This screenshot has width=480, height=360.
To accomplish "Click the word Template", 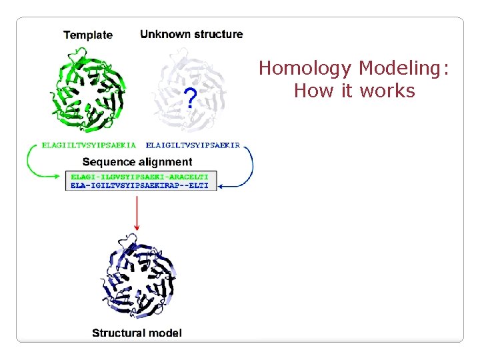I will coord(88,35).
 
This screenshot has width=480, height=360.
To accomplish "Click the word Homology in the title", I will coord(305,68).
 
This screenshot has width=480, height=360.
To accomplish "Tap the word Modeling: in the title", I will coord(403,68).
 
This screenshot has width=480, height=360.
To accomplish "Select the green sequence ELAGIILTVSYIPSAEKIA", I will coord(88,144).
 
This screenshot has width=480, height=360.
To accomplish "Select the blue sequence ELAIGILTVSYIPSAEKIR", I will coord(193,144).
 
